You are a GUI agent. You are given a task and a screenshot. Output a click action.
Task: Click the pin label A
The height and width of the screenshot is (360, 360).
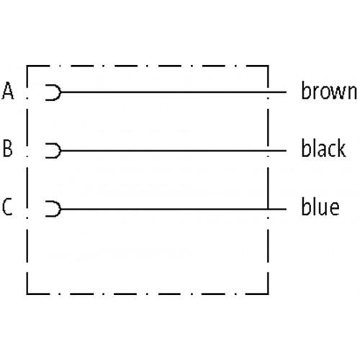[8, 91]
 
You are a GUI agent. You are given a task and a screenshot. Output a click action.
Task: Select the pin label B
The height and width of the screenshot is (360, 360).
[8, 148]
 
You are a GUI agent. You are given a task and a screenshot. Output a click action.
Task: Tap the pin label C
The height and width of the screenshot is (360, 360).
[7, 207]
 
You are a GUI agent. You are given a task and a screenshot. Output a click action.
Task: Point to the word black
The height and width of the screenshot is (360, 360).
[323, 148]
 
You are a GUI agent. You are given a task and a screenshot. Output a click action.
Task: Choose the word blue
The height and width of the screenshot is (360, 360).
[320, 206]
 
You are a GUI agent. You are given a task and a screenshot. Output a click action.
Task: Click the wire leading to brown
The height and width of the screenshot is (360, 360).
[174, 92]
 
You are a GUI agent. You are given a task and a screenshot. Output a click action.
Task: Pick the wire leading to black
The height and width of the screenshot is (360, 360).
[174, 150]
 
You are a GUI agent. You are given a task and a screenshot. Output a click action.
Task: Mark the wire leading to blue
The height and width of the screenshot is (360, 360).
[174, 210]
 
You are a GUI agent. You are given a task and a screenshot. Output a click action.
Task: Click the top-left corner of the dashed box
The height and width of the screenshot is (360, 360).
[27, 66]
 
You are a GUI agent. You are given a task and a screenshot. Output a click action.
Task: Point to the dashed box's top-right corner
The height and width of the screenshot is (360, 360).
[268, 66]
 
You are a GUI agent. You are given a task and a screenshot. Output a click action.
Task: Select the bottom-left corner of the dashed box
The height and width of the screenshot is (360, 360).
[27, 293]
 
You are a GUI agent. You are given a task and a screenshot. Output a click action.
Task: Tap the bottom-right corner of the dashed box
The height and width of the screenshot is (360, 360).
[268, 293]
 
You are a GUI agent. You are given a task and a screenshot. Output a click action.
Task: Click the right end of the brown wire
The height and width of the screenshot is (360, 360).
[287, 92]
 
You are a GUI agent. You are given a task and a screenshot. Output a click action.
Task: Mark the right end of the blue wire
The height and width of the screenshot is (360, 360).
[287, 210]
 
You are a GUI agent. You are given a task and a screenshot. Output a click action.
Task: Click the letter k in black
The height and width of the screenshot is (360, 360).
[341, 148]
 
